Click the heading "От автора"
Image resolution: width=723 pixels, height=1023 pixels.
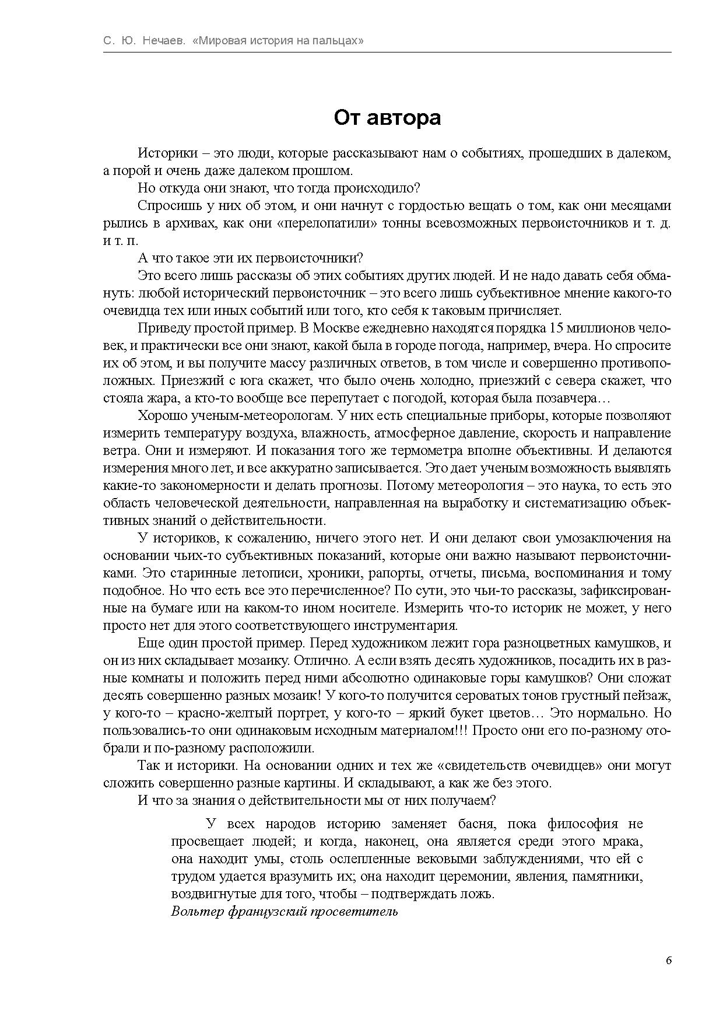[x=387, y=118]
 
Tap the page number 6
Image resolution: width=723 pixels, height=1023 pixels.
[x=668, y=961]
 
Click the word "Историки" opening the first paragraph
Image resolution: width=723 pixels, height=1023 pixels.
[x=162, y=153]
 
